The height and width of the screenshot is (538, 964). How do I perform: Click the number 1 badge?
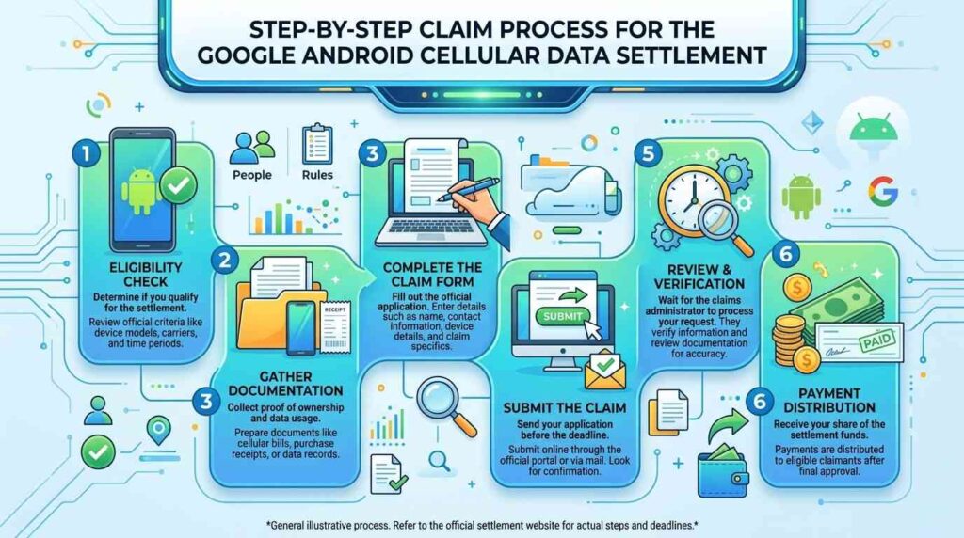(x=86, y=153)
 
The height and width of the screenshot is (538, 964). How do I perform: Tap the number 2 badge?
(x=225, y=261)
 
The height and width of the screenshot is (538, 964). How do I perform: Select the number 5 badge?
(x=649, y=153)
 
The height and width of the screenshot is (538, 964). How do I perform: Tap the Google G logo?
(x=883, y=190)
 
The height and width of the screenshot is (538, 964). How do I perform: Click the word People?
(x=252, y=175)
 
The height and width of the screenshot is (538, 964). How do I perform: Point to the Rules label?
(x=317, y=175)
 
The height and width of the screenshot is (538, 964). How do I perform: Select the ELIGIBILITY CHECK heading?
(x=146, y=275)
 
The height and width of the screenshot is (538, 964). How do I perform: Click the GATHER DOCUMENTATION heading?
(x=285, y=383)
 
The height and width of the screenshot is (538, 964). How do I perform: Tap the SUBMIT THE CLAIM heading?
(x=565, y=408)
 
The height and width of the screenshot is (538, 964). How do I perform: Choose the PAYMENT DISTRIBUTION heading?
(x=829, y=401)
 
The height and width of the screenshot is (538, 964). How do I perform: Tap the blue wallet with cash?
(x=723, y=471)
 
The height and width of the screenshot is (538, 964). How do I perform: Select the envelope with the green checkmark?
(x=605, y=370)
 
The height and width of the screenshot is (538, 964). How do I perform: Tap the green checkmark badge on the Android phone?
(x=178, y=185)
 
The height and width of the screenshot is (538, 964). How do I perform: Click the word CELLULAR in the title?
(x=467, y=55)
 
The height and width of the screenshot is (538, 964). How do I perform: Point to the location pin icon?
(x=158, y=429)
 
